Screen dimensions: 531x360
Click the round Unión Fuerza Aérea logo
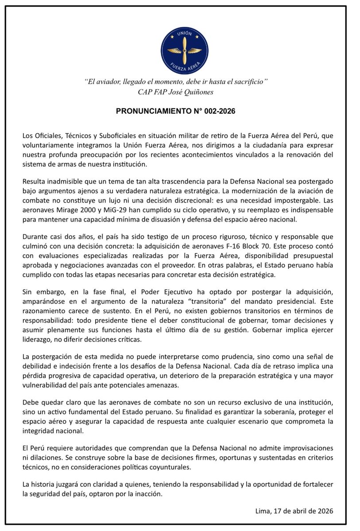(184, 50)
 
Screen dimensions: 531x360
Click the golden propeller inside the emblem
(184, 50)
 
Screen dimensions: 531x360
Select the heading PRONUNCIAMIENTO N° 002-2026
(175, 112)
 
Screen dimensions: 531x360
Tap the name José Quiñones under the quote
(193, 92)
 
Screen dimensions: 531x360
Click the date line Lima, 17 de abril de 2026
(294, 511)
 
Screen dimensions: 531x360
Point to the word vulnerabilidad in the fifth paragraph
(51, 385)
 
